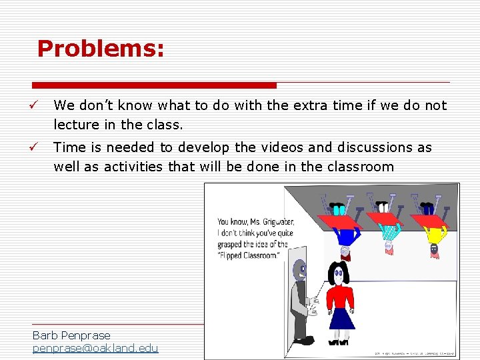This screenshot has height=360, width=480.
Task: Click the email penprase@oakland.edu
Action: pyautogui.click(x=95, y=348)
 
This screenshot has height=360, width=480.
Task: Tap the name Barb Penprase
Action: pyautogui.click(x=71, y=335)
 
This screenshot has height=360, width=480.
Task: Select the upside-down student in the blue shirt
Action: pyautogui.click(x=347, y=234)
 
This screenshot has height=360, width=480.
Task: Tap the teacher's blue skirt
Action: pyautogui.click(x=341, y=317)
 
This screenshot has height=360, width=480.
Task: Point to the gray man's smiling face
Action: pyautogui.click(x=301, y=270)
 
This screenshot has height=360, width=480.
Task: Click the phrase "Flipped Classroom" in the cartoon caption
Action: pyautogui.click(x=247, y=255)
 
